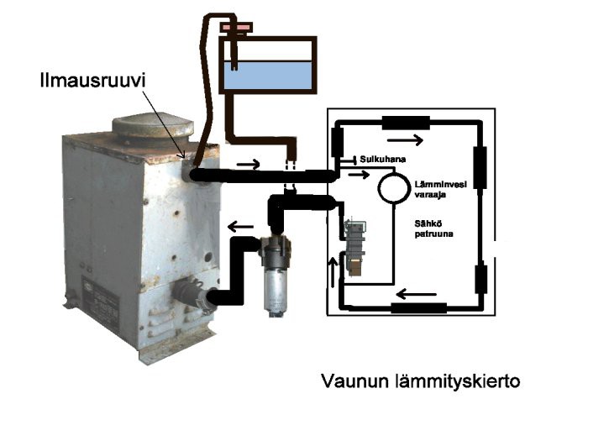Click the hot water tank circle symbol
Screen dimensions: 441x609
390,189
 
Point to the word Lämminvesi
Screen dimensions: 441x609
437,182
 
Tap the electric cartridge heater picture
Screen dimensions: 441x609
355,244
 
